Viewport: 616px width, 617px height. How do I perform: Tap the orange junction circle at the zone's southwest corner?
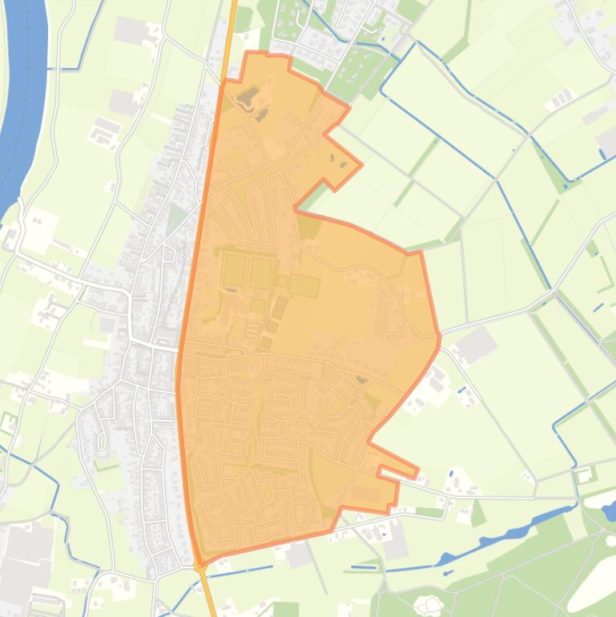click(x=200, y=565)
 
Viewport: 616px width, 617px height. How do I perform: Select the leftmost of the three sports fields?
click(x=235, y=270)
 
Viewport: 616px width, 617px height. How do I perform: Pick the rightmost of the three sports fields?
click(x=304, y=285)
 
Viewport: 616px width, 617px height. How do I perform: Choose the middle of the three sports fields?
click(x=261, y=272)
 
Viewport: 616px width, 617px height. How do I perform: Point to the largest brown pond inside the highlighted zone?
click(x=247, y=99)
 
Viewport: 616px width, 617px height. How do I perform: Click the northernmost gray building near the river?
click(x=131, y=30)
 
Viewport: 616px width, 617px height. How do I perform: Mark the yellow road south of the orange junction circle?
click(x=208, y=593)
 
